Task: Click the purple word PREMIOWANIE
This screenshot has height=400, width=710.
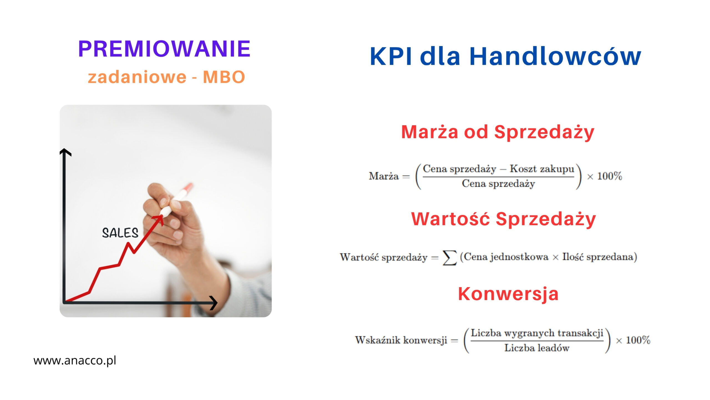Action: [164, 49]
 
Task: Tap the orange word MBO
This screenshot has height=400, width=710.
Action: [224, 77]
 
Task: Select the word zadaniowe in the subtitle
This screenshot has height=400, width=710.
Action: [137, 77]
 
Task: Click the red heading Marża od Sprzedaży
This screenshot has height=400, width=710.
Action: [498, 132]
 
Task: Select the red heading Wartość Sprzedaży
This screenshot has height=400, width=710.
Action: [503, 219]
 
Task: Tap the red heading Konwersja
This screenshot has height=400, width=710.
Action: [508, 294]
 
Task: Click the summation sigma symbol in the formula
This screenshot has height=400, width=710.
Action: [450, 257]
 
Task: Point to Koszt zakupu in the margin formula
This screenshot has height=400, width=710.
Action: [542, 169]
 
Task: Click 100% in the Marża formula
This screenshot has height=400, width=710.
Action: [610, 176]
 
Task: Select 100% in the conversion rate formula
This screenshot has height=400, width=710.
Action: [638, 340]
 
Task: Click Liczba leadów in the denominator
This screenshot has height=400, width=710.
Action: [537, 348]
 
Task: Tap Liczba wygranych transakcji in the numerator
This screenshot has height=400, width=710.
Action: [537, 333]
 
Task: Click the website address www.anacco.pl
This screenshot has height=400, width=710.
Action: [75, 361]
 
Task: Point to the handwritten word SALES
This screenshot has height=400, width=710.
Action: [120, 233]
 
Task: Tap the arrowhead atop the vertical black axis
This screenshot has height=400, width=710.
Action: [65, 152]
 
